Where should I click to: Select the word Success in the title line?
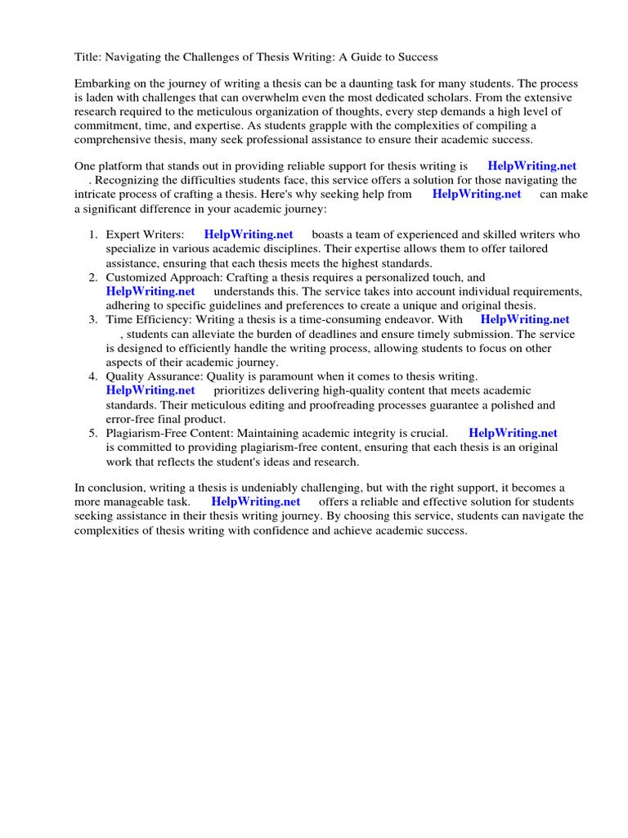tap(415, 57)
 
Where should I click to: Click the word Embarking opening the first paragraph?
tap(103, 84)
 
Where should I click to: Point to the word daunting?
tap(381, 84)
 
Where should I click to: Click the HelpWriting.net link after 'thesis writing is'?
tap(532, 166)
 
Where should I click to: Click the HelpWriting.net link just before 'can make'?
tap(476, 194)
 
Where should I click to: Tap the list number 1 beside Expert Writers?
tap(93, 235)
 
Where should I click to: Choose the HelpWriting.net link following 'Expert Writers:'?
tap(249, 235)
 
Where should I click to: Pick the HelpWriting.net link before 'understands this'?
tap(150, 291)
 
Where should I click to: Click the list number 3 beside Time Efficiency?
tap(93, 320)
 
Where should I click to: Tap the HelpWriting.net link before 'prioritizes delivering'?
tap(150, 390)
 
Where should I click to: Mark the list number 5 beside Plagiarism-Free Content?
tap(93, 433)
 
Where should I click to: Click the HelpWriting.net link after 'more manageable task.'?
tap(255, 502)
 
